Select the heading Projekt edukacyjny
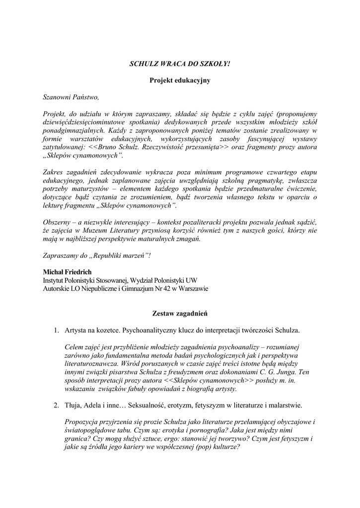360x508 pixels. (180, 80)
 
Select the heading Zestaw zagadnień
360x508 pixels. (180, 314)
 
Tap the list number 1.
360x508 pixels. (57, 330)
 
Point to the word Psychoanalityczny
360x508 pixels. (154, 330)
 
